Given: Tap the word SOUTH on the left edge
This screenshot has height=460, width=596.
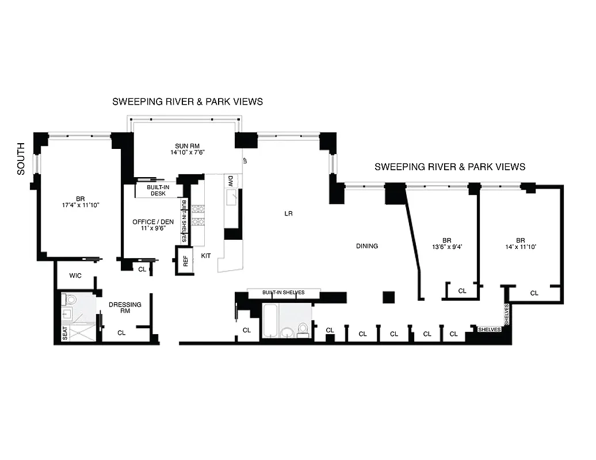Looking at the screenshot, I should click(21, 159).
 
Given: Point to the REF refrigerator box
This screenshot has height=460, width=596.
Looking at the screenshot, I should click(185, 262).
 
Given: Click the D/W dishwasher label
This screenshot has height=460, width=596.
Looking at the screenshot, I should click(231, 180).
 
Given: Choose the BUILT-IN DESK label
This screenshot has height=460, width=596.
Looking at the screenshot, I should click(155, 190).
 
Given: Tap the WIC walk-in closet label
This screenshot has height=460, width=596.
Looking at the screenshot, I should click(75, 275).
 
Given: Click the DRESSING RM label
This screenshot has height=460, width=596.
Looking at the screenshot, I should click(125, 307).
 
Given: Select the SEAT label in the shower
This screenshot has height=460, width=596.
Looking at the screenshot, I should click(64, 334).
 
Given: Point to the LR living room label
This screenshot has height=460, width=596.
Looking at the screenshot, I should click(288, 213).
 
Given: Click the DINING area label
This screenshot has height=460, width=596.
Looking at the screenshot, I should click(366, 246).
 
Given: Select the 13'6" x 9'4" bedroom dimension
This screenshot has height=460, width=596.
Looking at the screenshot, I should click(446, 248).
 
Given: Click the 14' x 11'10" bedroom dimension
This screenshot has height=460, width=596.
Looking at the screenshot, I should click(520, 248).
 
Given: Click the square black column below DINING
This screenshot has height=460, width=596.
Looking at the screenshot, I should click(388, 297).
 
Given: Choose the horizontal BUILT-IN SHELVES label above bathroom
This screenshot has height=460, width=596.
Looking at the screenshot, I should click(283, 293).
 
